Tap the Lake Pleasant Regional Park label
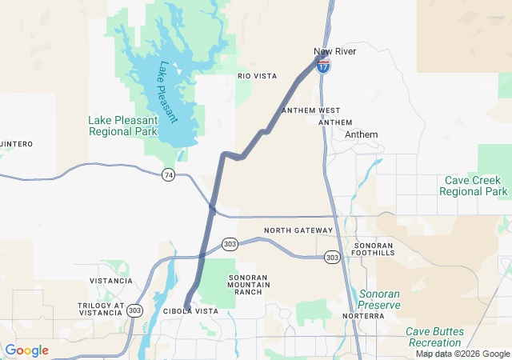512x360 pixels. [122, 126]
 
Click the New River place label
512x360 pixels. [334, 52]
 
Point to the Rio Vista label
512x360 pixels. [257, 76]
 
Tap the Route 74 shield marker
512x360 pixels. [168, 174]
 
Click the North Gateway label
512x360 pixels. [298, 230]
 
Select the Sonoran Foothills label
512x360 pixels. [374, 248]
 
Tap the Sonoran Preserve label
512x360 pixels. [378, 299]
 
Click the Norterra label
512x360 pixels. [363, 316]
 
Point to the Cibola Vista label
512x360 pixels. [190, 310]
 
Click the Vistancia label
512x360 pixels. [110, 281]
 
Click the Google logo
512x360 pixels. [26, 350]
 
